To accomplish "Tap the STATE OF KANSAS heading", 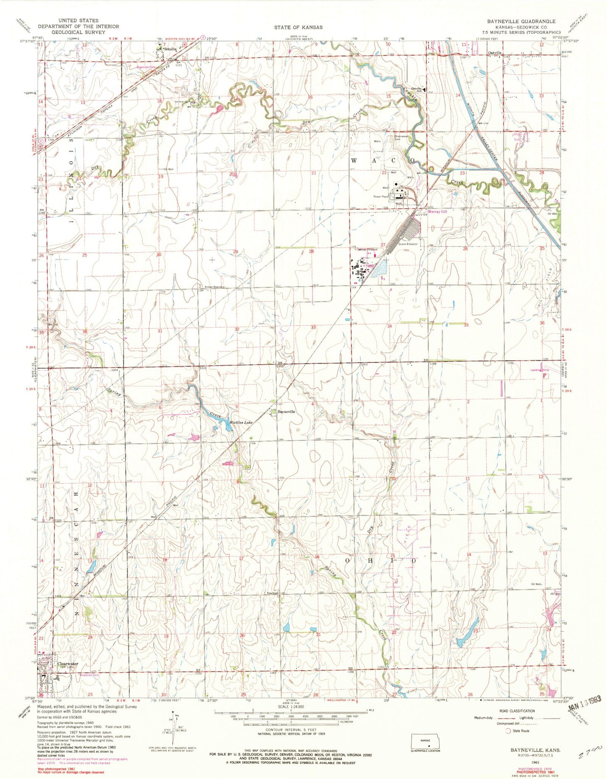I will click(298, 27).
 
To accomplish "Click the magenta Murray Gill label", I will click(437, 212).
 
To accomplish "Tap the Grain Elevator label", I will click(408, 244).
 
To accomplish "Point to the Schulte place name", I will click(170, 49).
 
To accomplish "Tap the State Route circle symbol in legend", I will click(508, 731).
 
